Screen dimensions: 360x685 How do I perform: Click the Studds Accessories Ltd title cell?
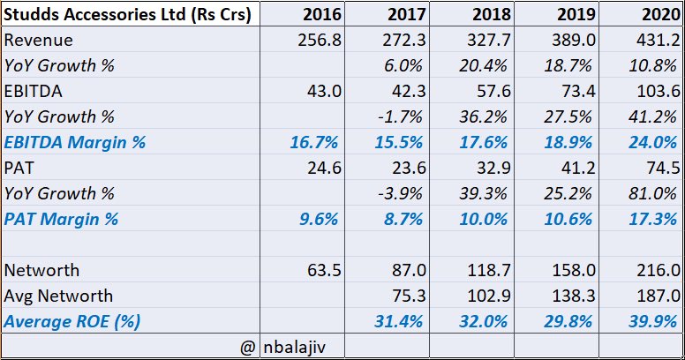(x=127, y=15)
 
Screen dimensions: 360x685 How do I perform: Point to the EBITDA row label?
(x=33, y=91)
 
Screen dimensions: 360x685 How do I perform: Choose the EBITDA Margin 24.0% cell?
(x=654, y=142)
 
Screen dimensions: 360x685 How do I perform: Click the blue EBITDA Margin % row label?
(x=75, y=142)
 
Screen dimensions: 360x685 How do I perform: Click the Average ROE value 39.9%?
(x=654, y=321)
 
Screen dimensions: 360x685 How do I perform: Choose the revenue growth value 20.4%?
(x=484, y=65)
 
